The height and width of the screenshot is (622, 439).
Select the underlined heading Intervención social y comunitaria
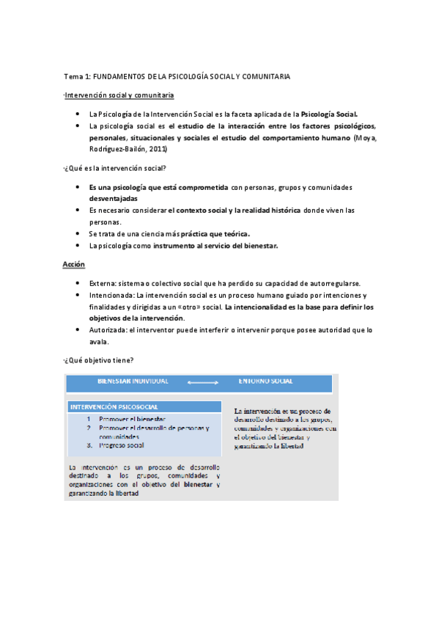119,95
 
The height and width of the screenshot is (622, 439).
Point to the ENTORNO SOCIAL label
266,381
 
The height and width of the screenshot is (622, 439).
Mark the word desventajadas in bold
113,199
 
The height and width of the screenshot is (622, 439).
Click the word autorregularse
331,284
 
